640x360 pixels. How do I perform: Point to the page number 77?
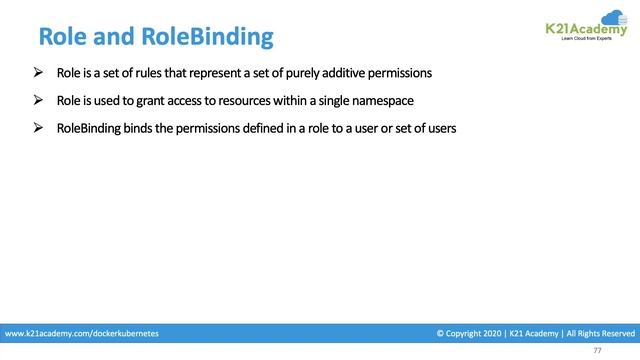coord(597,351)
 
